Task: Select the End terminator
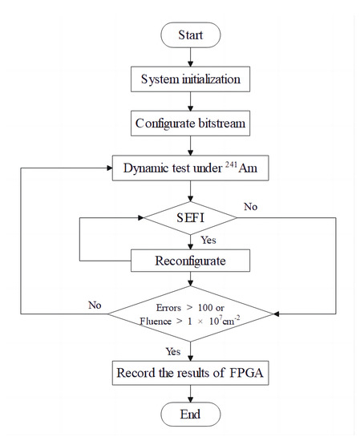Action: (190, 414)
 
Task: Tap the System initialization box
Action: (190, 80)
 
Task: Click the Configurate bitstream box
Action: (190, 124)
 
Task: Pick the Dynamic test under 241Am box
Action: (190, 170)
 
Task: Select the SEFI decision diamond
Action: (190, 216)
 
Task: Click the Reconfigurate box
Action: (190, 261)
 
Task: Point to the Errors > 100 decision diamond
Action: (190, 314)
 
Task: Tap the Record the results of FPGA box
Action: (190, 374)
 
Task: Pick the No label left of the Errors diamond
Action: (95, 305)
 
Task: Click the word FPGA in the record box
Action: (245, 374)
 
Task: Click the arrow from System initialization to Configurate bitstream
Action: (190, 103)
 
